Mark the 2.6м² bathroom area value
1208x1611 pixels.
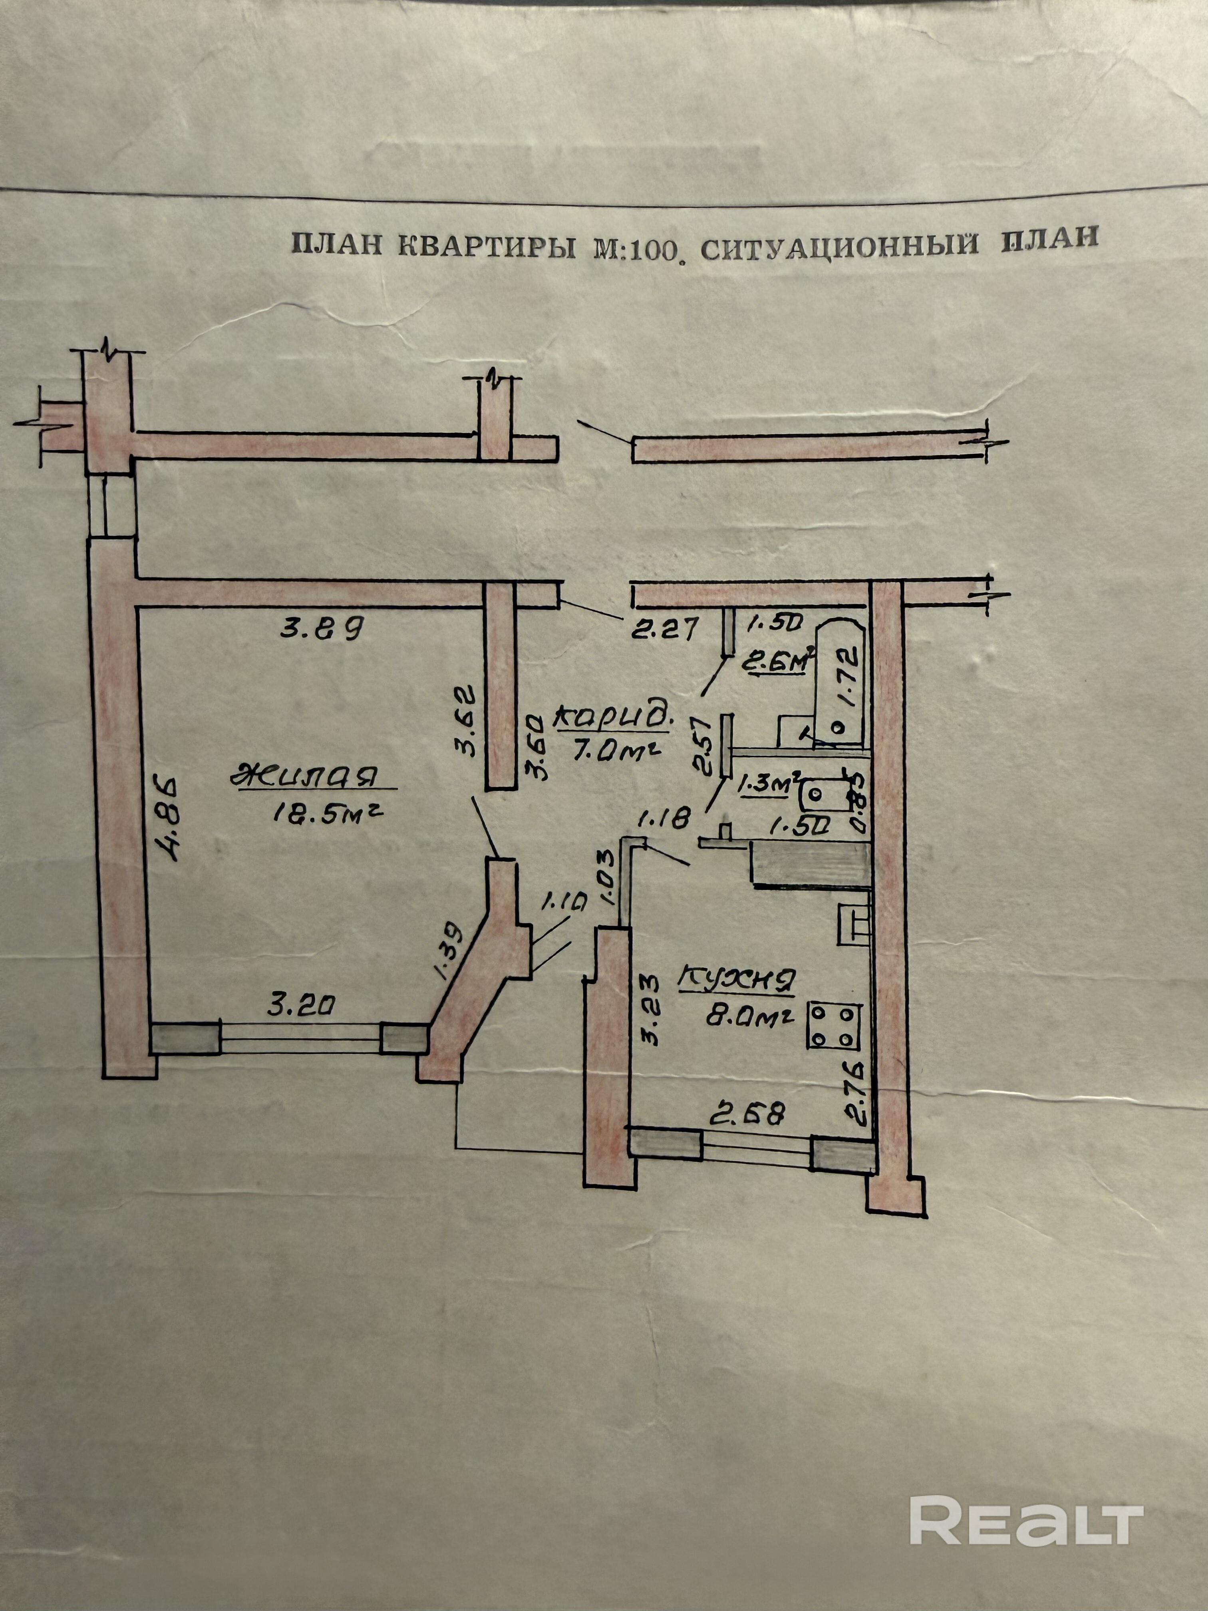click(x=779, y=663)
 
